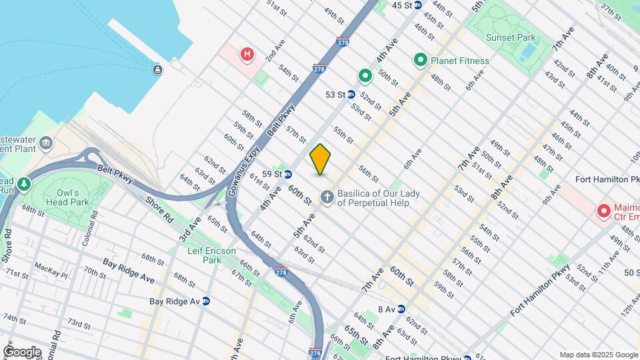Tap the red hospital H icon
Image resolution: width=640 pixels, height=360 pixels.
pos(247,53)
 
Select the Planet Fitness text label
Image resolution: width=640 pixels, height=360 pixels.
pos(460,61)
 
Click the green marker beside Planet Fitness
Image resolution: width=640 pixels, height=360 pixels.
pos(421,61)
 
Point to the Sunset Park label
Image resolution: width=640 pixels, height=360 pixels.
pos(509,37)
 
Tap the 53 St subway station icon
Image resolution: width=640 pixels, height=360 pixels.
pos(351,95)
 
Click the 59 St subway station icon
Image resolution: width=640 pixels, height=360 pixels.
pos(287,175)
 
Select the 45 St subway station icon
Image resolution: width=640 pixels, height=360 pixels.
pos(418,5)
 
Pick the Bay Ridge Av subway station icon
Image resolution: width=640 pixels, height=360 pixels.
pos(206,301)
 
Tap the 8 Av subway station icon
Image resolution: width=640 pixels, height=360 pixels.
pos(401,309)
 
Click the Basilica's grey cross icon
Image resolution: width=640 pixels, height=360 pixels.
pos(327,197)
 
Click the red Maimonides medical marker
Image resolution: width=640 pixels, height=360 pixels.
pos(604,211)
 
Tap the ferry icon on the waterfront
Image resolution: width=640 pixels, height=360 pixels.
pos(157,69)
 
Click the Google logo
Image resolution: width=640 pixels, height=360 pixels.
pos(22,351)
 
